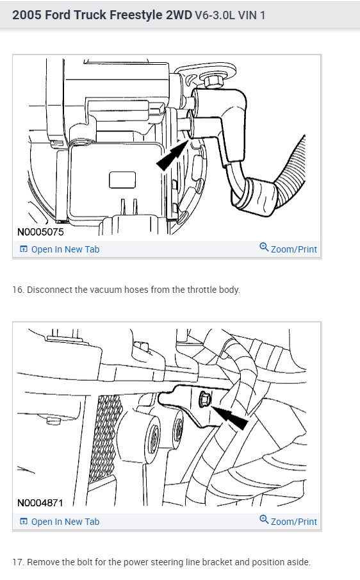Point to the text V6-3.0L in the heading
212,15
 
